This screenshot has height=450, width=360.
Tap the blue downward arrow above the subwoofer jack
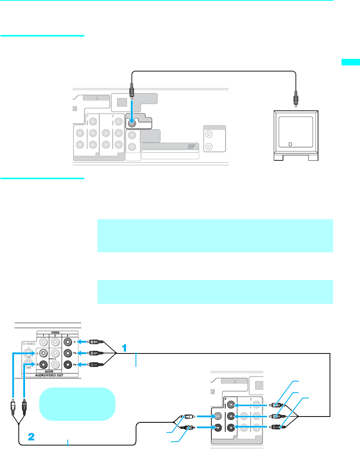pos(132,110)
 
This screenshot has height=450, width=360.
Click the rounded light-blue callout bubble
pos(77,404)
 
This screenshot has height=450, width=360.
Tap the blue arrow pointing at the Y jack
pos(84,341)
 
